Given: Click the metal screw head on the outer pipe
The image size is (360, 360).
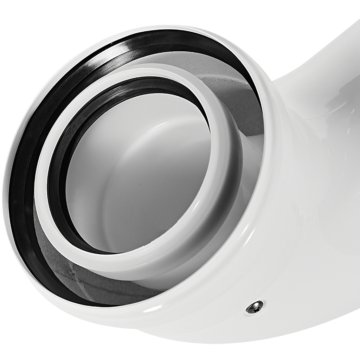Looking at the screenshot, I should [255, 307].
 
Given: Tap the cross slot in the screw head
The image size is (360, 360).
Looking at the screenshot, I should [255, 307].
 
